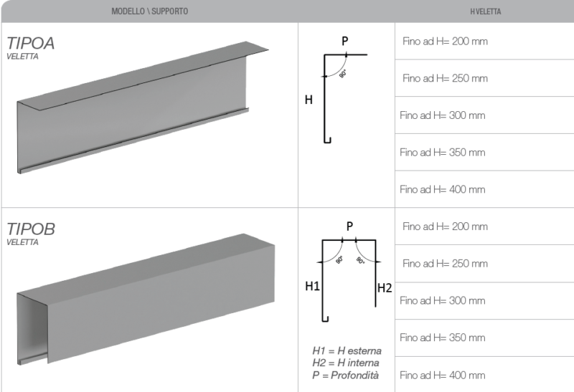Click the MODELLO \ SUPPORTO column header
coord(150,11)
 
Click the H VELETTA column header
coord(486,11)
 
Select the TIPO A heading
coord(30,43)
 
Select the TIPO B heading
coord(31,229)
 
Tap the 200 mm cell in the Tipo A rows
coord(445,42)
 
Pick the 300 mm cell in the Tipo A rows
coord(442,115)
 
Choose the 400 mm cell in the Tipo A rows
coord(442,189)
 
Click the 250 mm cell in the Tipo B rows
coord(445,264)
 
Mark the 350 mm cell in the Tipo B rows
coord(442,338)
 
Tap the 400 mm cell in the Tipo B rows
coord(442,376)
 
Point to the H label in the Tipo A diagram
coord(309,100)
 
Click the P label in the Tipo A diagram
coord(345,41)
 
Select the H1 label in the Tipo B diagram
coord(312,286)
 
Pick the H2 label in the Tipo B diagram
coord(385,288)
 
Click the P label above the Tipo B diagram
coord(349,226)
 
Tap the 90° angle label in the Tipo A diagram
coord(343,74)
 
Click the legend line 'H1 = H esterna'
coord(347,351)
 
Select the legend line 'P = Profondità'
coord(345,376)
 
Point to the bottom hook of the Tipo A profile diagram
coord(327,140)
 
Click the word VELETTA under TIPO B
coord(22,242)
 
